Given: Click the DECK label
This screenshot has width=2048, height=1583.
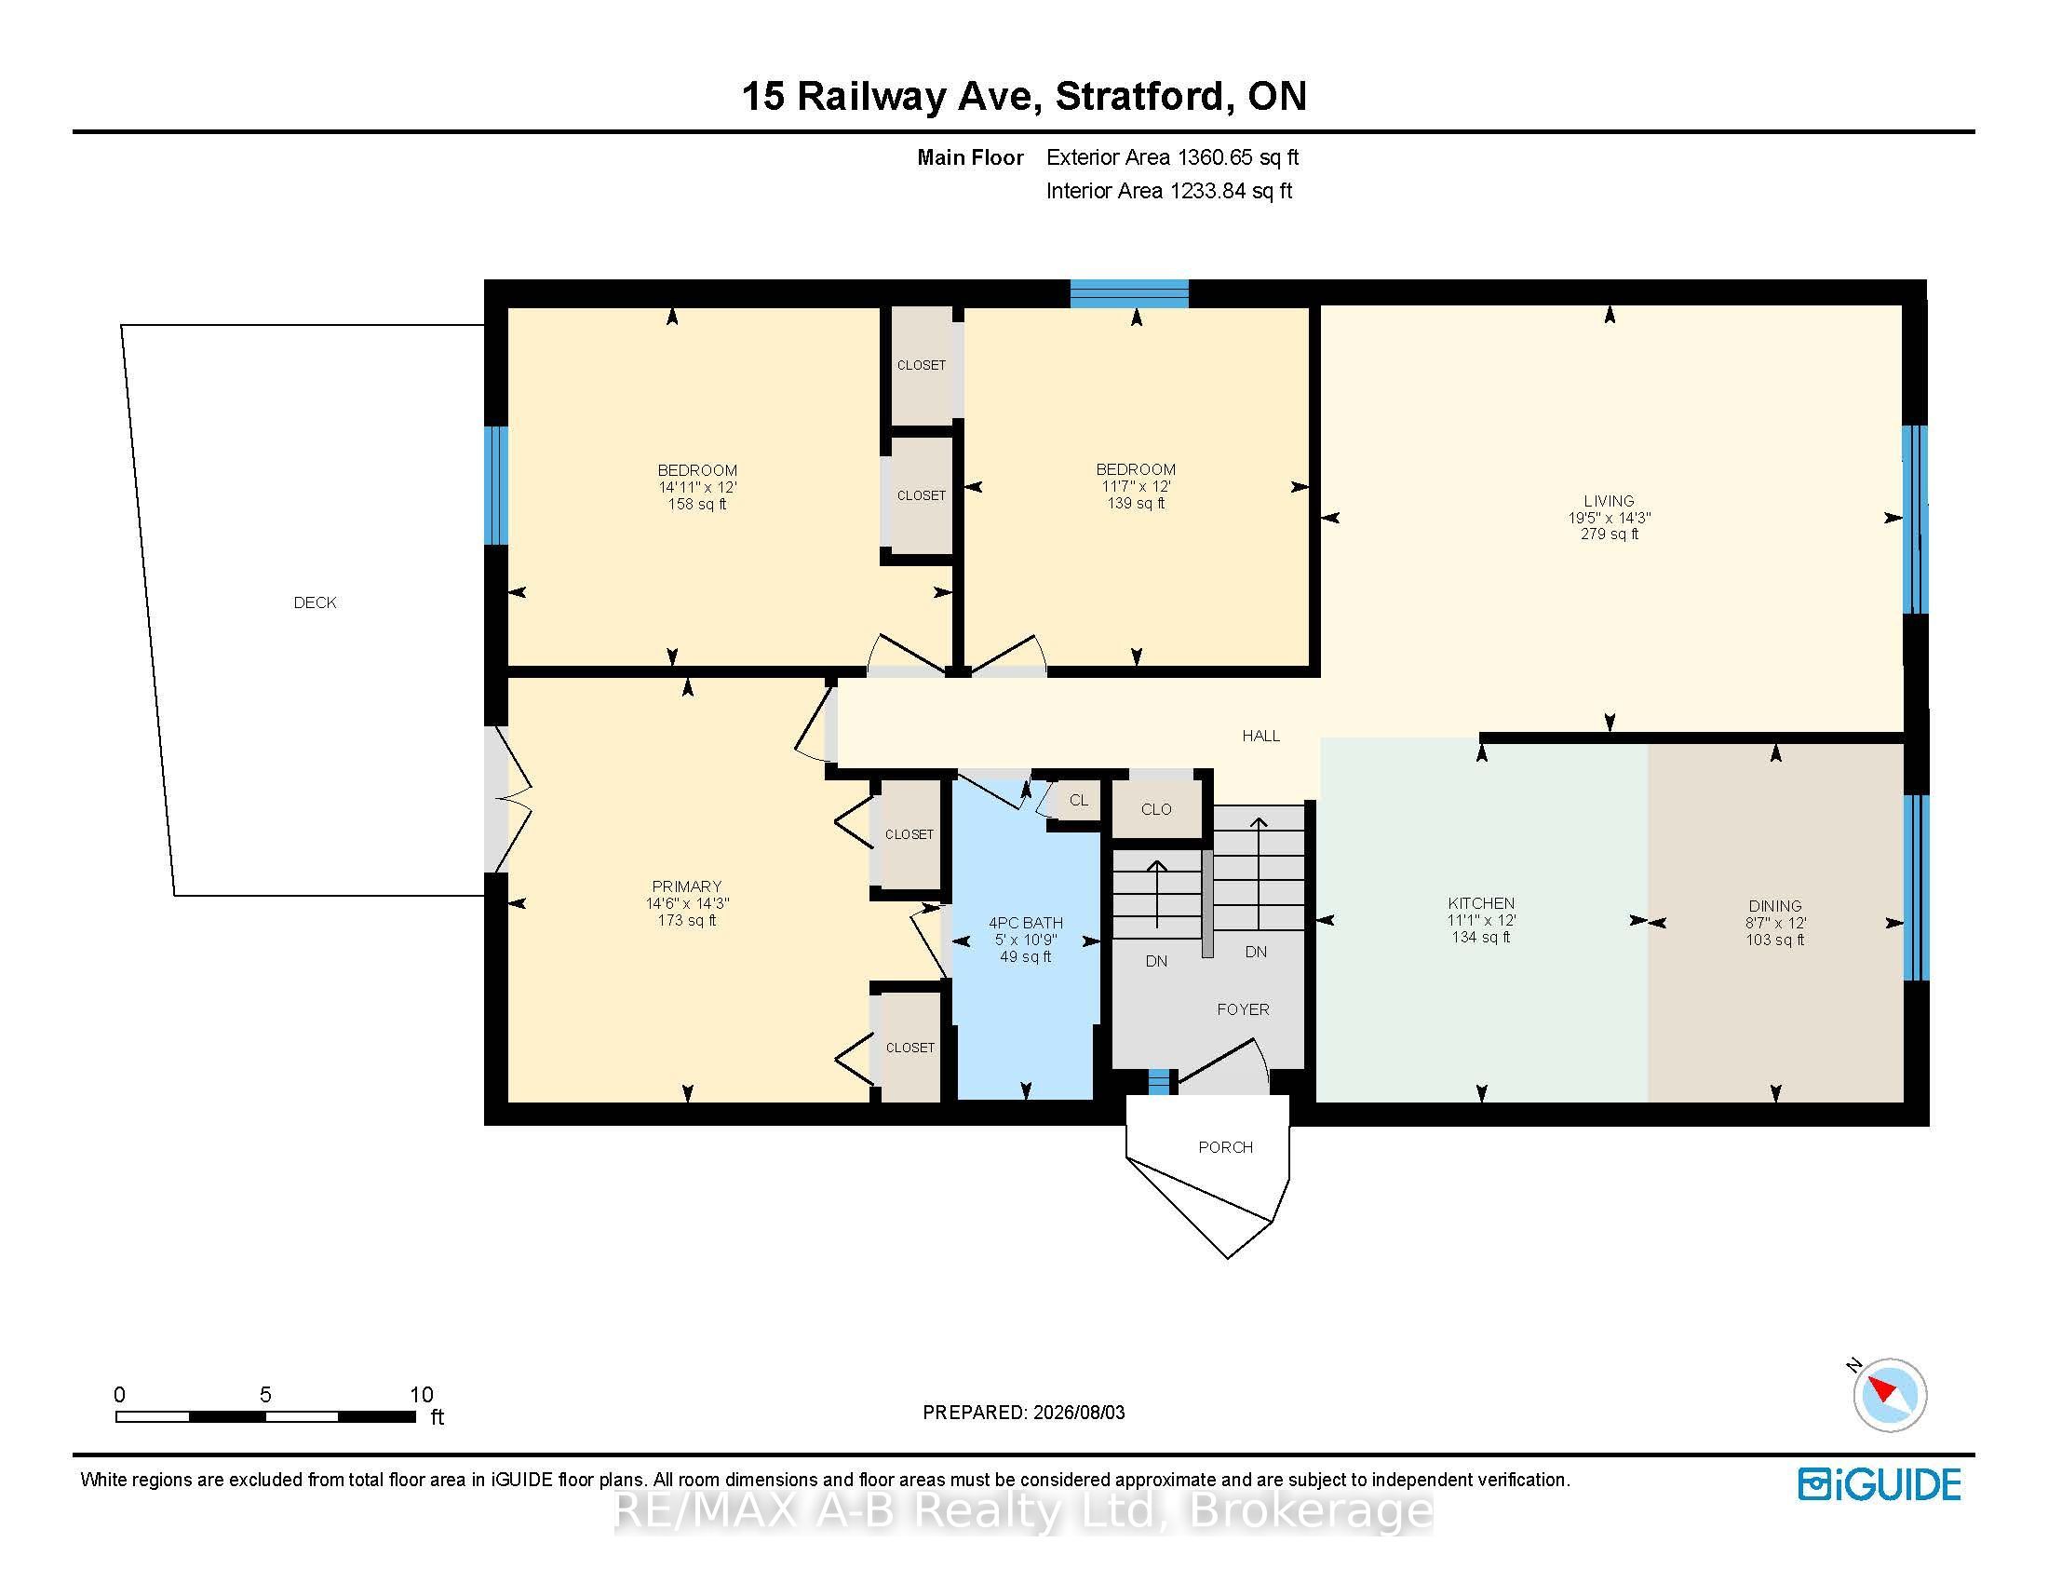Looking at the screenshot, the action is (315, 603).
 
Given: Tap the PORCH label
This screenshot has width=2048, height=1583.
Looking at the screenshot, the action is (1226, 1147).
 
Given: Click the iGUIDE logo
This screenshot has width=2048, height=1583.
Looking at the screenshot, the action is (1880, 1484).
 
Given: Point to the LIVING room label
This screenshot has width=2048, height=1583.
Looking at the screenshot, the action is (1610, 501).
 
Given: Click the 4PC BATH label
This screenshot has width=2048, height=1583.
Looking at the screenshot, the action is (1026, 923).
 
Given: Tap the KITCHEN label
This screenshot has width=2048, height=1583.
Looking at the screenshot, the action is (1481, 904).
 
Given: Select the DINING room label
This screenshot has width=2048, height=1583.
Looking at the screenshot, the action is (1775, 906).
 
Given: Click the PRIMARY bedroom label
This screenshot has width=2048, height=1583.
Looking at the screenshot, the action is (686, 886).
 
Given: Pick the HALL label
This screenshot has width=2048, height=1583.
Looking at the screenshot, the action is (1261, 737).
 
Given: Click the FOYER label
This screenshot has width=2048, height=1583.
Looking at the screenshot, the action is (1244, 1009).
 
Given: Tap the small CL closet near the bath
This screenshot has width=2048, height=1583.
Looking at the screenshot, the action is (1078, 800).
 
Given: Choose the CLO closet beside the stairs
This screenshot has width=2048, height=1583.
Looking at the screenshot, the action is (1156, 809).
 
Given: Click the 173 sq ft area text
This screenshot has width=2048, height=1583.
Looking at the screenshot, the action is (686, 921).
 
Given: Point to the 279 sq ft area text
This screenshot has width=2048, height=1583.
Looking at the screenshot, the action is (1610, 534).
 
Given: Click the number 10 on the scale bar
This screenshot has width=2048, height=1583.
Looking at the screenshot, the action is (422, 1395).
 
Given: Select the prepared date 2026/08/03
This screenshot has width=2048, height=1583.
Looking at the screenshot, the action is (1078, 1413).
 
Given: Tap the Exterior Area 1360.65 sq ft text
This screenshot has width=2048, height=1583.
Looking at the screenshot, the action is (1172, 157).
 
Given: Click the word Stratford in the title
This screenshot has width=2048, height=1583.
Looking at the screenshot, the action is (1139, 96).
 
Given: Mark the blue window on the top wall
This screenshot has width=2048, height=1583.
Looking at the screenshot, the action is (1130, 293).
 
